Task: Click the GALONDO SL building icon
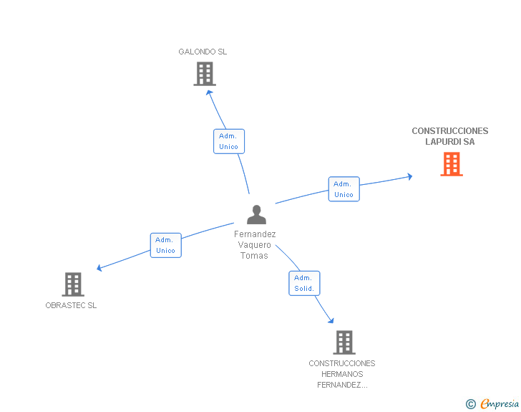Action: point(205,74)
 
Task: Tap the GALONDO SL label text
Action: point(203,52)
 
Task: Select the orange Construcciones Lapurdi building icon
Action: point(452,164)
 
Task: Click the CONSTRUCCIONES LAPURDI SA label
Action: point(450,136)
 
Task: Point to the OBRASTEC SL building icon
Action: point(73,284)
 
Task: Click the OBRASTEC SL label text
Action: point(71,305)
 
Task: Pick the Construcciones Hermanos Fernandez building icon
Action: point(344,342)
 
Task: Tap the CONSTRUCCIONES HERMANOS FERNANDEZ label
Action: point(342,374)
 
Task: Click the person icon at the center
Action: point(256,215)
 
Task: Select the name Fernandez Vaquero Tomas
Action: point(255,245)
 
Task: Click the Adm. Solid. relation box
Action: point(304,283)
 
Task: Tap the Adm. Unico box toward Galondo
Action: point(229,141)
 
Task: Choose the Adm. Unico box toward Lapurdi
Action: point(344,189)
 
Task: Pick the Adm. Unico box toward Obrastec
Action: point(166,245)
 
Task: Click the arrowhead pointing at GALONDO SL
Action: point(209,92)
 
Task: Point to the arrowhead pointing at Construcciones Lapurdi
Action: point(410,177)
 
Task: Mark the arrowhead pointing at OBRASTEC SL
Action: point(99,268)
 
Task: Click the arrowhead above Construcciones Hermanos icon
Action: point(331,320)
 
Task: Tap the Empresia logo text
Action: point(500,404)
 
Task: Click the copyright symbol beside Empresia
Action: point(471,404)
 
